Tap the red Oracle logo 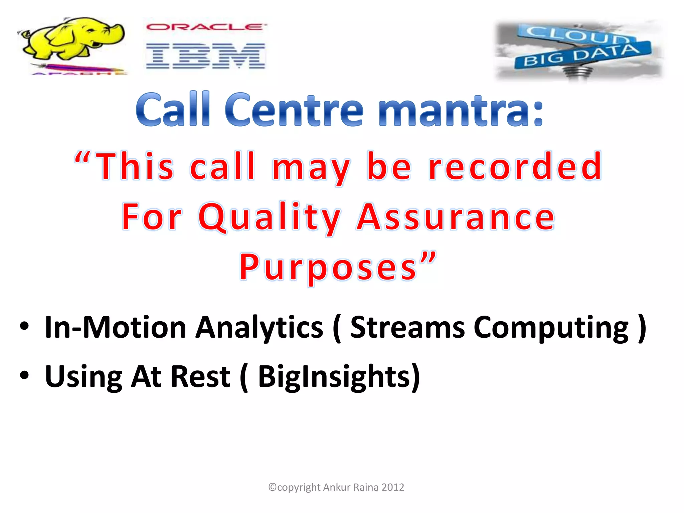tap(206, 27)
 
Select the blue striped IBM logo tap(205, 56)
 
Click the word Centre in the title tap(294, 110)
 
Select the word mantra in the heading tap(461, 110)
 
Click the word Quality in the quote tap(269, 217)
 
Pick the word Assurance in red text tap(456, 217)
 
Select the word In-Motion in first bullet tap(115, 327)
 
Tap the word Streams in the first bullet tap(407, 327)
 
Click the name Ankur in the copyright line tap(337, 487)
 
